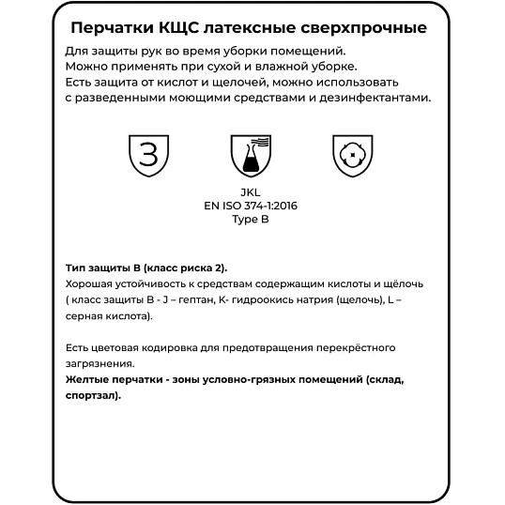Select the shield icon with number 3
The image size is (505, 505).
click(147, 155)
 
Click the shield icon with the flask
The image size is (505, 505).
click(251, 155)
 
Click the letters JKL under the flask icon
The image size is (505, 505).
click(251, 192)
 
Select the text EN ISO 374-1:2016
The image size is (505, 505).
click(251, 206)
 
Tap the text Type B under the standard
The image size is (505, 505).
click(251, 219)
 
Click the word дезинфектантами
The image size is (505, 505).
click(373, 97)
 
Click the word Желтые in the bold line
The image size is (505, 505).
click(89, 379)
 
